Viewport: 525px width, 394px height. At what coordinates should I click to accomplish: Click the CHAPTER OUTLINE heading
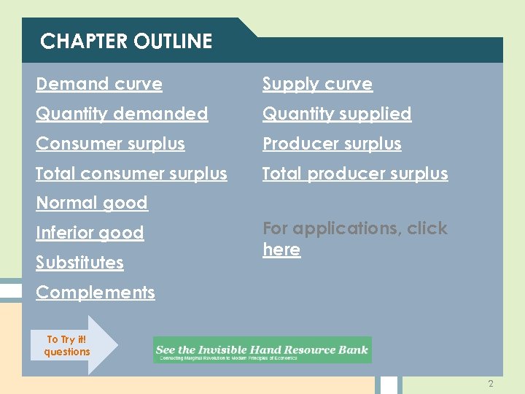126,42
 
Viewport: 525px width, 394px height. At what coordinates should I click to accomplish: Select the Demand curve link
99,84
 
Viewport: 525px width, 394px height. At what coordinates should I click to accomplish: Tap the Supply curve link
317,84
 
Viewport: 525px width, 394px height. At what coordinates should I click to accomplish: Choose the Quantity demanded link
122,114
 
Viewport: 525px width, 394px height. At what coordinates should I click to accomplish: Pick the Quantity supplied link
337,114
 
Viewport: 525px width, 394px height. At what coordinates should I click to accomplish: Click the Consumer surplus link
110,144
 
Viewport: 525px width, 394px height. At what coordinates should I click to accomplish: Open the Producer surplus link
332,144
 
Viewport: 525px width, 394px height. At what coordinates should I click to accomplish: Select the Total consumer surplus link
131,174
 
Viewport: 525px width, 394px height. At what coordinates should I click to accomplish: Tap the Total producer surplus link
355,174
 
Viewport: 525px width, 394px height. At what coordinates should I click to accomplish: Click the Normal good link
92,203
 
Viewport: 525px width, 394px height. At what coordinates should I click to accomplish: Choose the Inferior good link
90,233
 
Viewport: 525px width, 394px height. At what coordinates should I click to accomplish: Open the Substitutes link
79,263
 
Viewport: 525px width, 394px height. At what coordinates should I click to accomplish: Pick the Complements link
96,293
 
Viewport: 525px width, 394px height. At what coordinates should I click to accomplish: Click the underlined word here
281,250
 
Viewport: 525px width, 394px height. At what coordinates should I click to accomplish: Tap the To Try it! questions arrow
73,345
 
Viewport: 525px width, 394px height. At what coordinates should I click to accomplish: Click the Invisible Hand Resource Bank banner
262,349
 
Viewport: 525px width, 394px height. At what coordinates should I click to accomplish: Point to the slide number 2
491,384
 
